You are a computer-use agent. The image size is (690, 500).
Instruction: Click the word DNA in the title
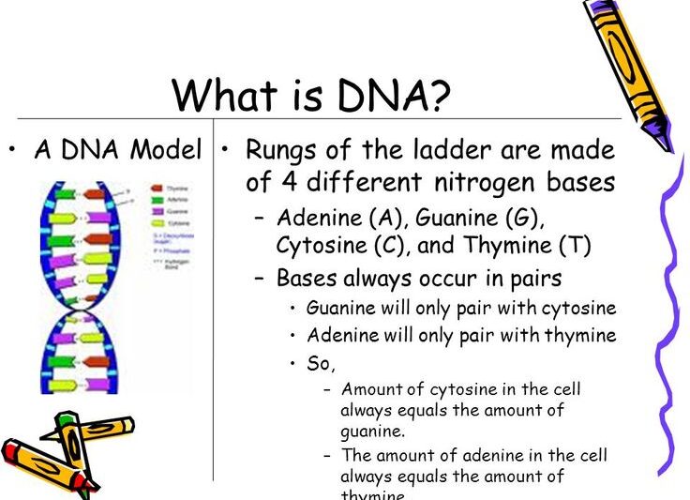374,95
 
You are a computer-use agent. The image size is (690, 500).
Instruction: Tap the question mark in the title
438,95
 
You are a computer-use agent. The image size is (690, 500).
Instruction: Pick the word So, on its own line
321,364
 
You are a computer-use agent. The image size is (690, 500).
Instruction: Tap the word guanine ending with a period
372,432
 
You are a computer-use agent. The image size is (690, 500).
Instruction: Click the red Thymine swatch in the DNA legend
156,189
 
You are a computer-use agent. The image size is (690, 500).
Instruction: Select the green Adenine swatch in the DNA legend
156,200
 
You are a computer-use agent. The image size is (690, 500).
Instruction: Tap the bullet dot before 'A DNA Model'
13,150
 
